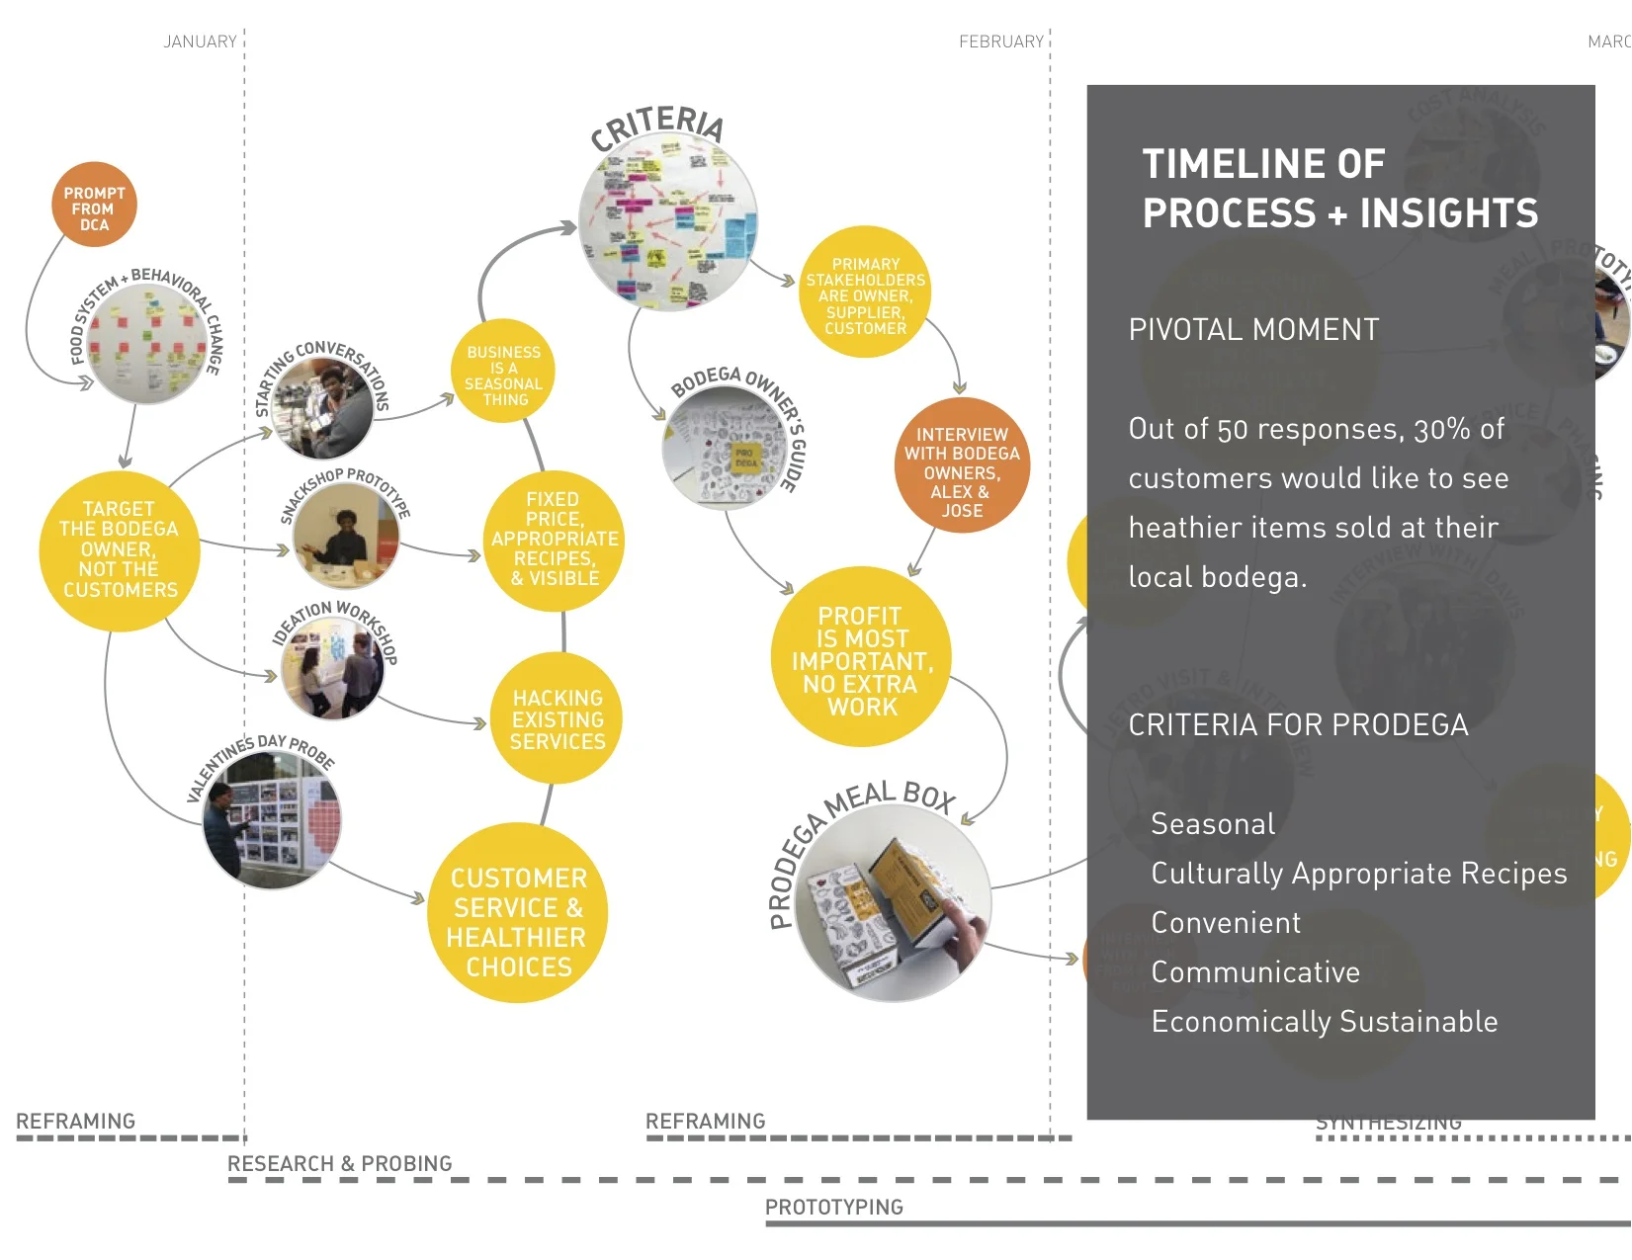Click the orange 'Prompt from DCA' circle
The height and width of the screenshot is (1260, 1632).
(x=94, y=206)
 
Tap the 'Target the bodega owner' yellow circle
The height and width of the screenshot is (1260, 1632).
(x=120, y=550)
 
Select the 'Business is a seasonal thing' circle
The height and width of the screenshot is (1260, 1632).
(x=503, y=374)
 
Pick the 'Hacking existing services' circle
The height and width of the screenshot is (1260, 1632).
(x=558, y=718)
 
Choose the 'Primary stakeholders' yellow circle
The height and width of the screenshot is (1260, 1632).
(x=865, y=295)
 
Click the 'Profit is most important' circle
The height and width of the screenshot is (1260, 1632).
(x=861, y=658)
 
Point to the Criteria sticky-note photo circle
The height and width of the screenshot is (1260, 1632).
(x=668, y=223)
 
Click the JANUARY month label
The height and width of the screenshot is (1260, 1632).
(x=200, y=42)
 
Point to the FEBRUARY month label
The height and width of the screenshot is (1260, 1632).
(x=1000, y=42)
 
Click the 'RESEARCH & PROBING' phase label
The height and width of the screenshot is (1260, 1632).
(x=339, y=1163)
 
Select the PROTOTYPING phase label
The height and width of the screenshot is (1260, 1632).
(x=833, y=1207)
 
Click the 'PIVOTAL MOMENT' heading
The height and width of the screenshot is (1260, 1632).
(x=1253, y=330)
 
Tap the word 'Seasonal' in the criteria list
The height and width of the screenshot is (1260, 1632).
(x=1213, y=824)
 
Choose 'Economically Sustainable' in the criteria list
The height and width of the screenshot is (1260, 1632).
(x=1324, y=1022)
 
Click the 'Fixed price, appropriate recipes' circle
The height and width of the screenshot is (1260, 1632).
(x=555, y=540)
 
